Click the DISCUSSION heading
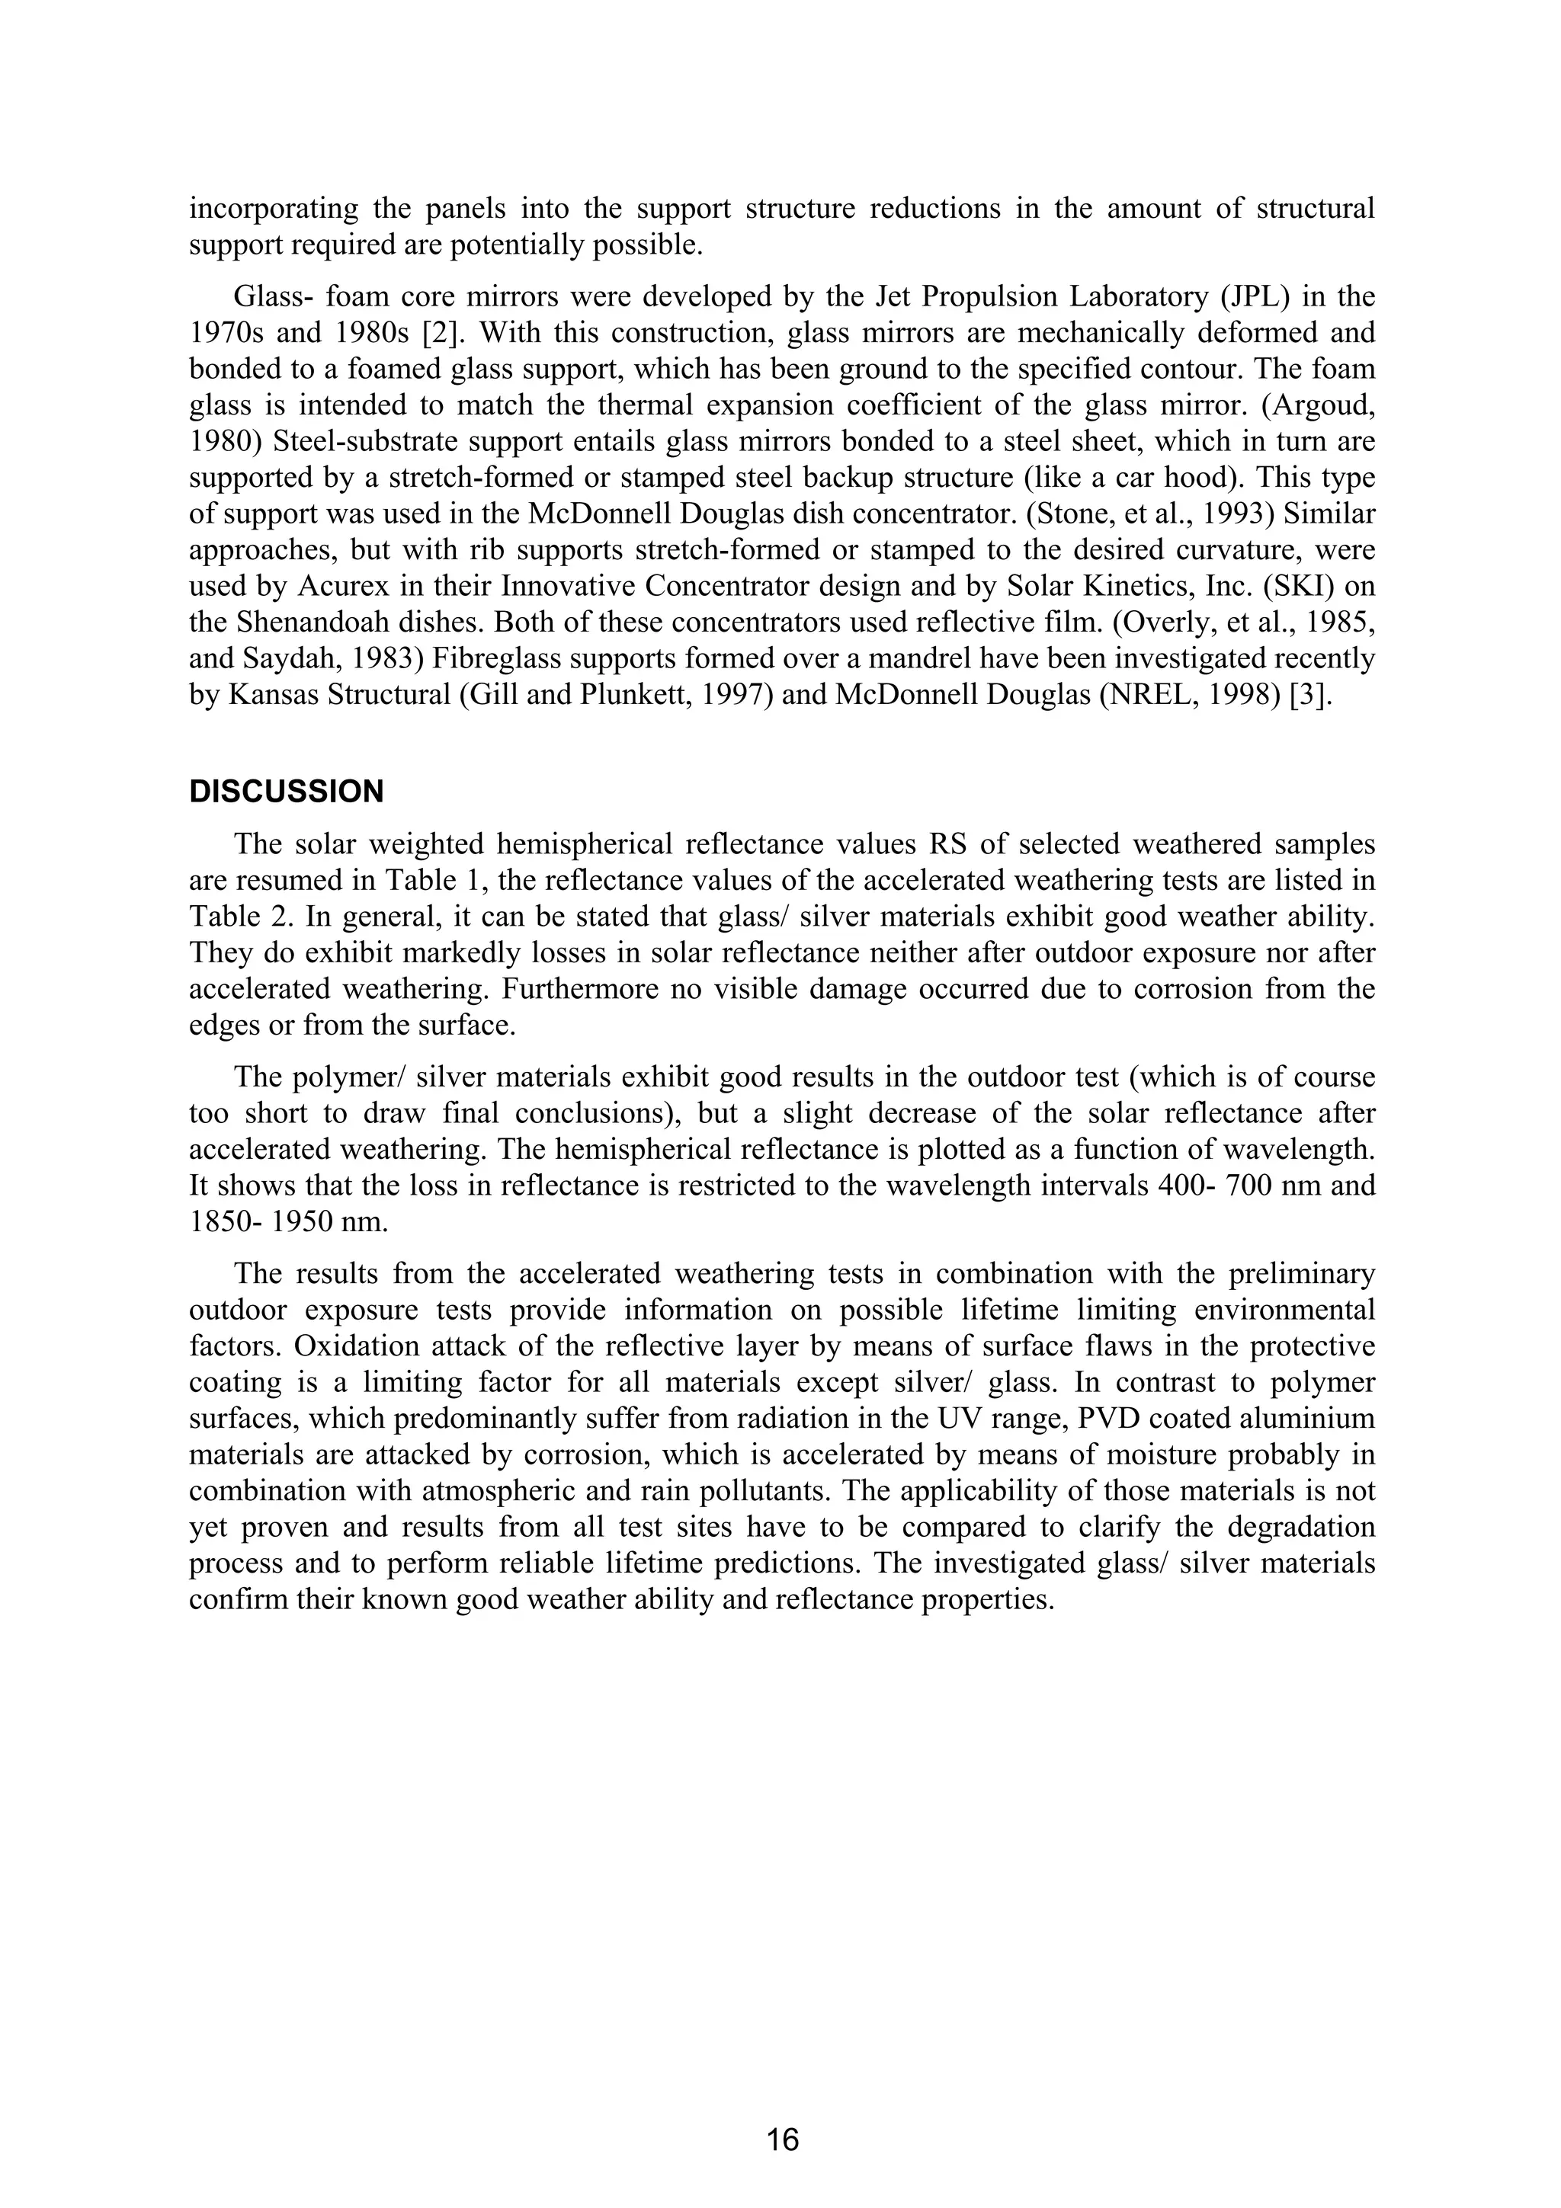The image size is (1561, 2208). pyautogui.click(x=286, y=792)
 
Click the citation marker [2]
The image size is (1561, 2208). pyautogui.click(x=441, y=333)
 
